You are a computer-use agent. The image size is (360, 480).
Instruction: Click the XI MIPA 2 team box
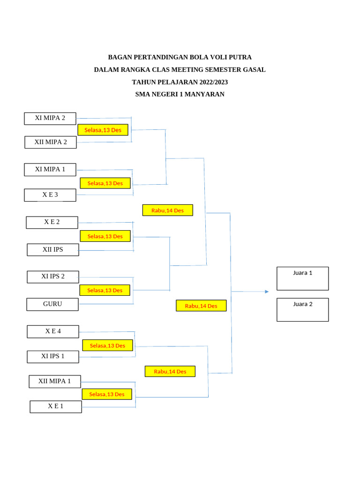point(50,119)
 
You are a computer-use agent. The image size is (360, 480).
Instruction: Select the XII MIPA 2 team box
point(51,142)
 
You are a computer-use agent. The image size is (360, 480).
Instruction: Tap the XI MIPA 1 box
point(50,170)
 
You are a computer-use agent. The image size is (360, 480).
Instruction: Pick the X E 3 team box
point(50,195)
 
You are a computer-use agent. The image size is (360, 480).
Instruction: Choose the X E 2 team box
point(52,223)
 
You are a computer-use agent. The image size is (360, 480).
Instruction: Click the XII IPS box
point(53,250)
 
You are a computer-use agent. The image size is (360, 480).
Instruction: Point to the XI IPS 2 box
point(53,277)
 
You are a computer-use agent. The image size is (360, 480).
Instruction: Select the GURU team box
point(52,304)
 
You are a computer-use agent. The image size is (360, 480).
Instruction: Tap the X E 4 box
point(53,331)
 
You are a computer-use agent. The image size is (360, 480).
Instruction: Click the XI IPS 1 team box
point(53,357)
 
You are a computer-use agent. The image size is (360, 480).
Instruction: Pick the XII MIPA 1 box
point(55,382)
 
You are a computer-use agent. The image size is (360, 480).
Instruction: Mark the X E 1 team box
point(56,407)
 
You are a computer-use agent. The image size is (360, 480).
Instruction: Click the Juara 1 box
point(303,278)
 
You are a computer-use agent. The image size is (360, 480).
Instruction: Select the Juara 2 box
point(303,310)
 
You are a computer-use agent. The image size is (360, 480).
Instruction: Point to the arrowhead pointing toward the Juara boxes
point(267,292)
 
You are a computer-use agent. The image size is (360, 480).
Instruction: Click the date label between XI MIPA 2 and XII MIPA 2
point(103,130)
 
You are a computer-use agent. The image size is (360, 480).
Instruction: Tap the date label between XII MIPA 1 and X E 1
point(107,394)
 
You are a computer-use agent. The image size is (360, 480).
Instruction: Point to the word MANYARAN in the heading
point(204,94)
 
